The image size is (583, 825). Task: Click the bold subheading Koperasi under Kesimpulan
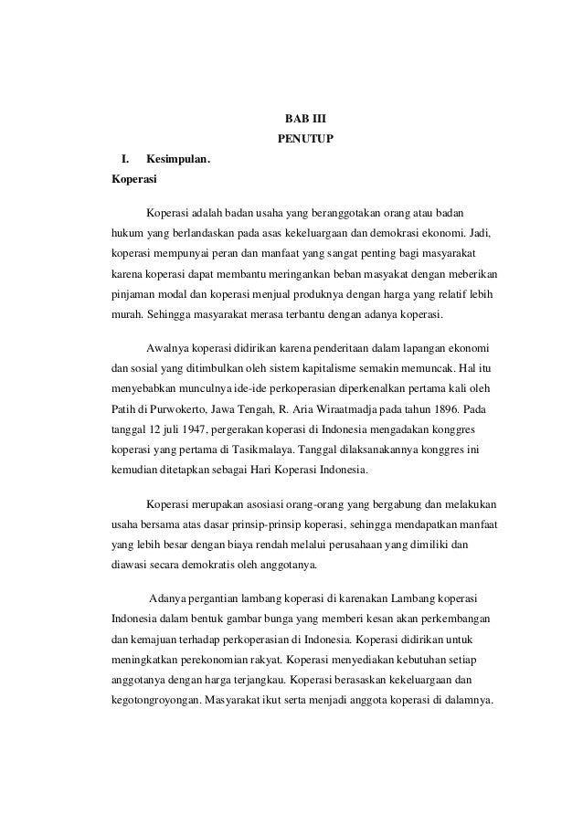[x=129, y=180]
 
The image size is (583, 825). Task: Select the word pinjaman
[x=131, y=295]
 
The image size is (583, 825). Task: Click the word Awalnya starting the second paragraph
[x=166, y=350]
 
